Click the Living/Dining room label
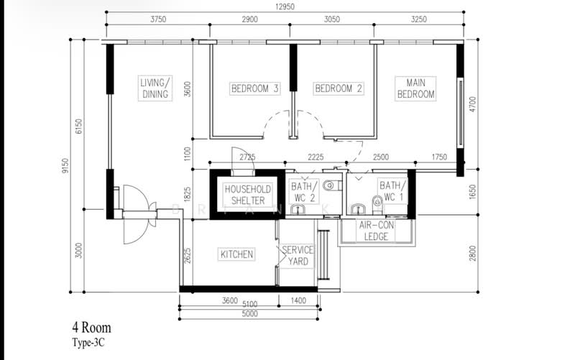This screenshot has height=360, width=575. pos(155,88)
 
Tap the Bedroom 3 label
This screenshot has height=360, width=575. pos(255,88)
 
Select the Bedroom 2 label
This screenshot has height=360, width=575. pos(339,88)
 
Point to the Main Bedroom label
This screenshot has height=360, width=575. pos(416,88)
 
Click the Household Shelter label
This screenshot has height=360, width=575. pos(248,195)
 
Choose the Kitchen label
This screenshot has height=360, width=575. pos(237,254)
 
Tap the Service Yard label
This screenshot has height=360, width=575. pos(298,256)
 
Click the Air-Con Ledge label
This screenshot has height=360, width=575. pos(376,231)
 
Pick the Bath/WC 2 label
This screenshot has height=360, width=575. pos(303,192)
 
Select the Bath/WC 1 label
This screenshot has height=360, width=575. pos(392,191)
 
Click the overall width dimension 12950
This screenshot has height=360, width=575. pos(285,6)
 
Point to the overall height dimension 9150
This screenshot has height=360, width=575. pos(65,166)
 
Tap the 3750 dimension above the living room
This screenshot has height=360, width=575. pos(158,19)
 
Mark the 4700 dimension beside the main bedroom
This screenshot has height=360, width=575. pos(472,104)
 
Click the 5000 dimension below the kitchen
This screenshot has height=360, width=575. pos(249,314)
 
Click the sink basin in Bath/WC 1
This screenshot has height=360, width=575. pos(357,209)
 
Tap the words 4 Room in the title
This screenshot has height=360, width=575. pos(91,328)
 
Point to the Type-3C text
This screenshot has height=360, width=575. pos(88,343)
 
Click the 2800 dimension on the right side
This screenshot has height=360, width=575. pos(472,254)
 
